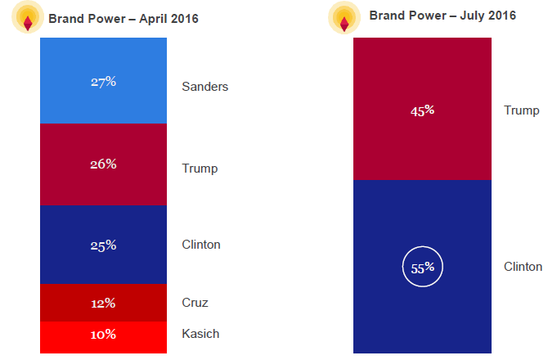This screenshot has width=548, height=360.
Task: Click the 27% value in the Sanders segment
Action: [x=103, y=82]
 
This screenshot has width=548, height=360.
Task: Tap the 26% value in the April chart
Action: [x=103, y=164]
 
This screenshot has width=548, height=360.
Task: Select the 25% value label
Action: [x=103, y=245]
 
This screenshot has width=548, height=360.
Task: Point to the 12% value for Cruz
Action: [x=103, y=303]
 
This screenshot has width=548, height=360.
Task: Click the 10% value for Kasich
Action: [x=103, y=334]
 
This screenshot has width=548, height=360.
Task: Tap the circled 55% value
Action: [x=422, y=267]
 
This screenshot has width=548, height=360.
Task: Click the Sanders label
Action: [x=204, y=86]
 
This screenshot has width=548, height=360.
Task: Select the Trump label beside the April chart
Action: [x=200, y=169]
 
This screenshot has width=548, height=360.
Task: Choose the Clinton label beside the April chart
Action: [x=201, y=245]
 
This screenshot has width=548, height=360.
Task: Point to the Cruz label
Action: [x=195, y=303]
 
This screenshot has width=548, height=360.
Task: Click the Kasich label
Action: [x=200, y=334]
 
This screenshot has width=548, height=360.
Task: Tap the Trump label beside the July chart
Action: [x=522, y=110]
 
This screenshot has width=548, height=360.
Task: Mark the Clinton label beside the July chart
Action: [x=523, y=267]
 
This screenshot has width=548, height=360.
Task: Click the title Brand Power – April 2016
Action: [x=124, y=18]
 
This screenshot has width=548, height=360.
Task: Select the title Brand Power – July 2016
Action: [x=442, y=16]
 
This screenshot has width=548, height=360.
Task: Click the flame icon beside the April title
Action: [x=27, y=18]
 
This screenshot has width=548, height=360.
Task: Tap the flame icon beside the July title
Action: [x=345, y=18]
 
